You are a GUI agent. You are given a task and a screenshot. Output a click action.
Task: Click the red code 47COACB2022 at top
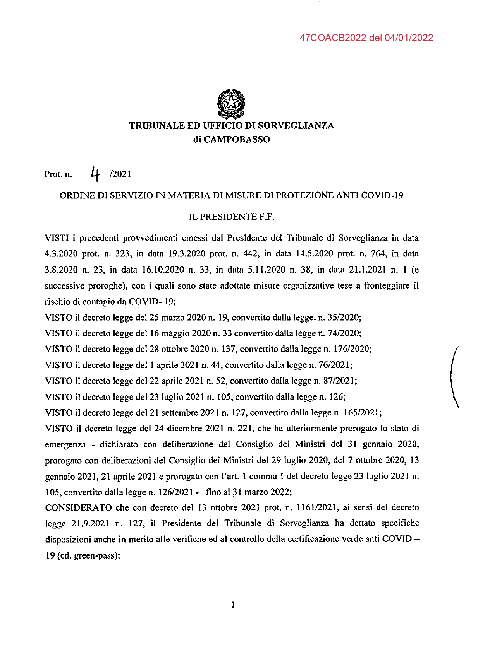coord(333,38)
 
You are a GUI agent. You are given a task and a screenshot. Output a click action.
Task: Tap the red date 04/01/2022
coord(409,38)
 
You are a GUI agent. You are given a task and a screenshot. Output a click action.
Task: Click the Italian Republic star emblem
coord(232,103)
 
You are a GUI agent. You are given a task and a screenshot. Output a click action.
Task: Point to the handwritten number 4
coord(95,174)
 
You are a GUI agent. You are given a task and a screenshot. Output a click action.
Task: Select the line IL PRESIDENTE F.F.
coord(232,217)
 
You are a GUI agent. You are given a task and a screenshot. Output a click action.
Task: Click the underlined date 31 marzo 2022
coord(261,492)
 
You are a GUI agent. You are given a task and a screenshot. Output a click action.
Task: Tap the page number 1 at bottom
coord(233,605)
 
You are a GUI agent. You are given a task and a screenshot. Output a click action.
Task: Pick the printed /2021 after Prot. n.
coord(120,174)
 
